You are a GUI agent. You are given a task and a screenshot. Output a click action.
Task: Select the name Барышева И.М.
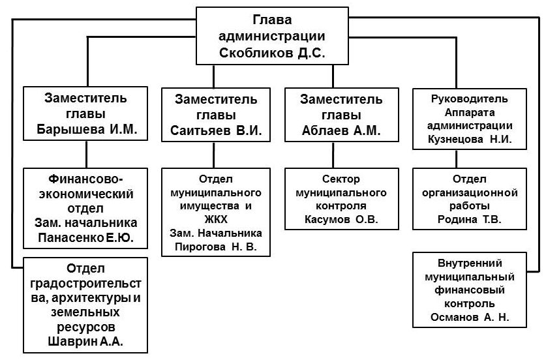pyautogui.click(x=85, y=129)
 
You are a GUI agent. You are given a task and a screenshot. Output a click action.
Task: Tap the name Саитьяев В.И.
pyautogui.click(x=215, y=131)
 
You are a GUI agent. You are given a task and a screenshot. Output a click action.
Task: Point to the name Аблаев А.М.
pyautogui.click(x=341, y=131)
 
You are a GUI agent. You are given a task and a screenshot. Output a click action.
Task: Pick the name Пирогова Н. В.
pyautogui.click(x=215, y=245)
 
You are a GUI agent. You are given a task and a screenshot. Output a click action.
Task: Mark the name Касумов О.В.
pyautogui.click(x=341, y=218)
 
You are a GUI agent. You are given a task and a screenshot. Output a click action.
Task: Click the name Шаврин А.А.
pyautogui.click(x=85, y=340)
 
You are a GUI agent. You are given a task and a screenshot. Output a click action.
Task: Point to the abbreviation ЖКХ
pyautogui.click(x=215, y=220)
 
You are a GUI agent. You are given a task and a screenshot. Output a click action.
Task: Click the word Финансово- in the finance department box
pyautogui.click(x=85, y=179)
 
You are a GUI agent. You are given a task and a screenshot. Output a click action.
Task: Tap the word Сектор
pyautogui.click(x=341, y=180)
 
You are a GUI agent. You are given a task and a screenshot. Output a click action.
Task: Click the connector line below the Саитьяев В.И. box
pyautogui.click(x=215, y=155)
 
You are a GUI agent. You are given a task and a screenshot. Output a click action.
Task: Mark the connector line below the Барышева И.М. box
pyautogui.click(x=85, y=155)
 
